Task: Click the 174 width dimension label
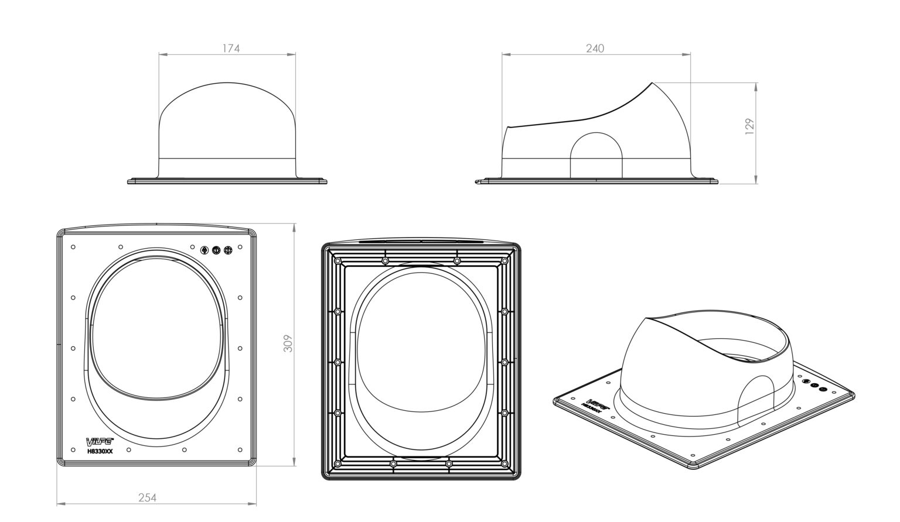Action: tap(231, 49)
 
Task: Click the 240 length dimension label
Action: tap(595, 49)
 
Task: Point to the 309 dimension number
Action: tap(288, 344)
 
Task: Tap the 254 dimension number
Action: tap(147, 498)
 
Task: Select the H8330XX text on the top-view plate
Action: tap(100, 451)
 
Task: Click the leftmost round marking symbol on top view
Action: tap(204, 250)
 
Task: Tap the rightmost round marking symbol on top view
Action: tap(229, 250)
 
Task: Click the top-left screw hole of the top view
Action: tap(73, 246)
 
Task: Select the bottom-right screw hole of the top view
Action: tap(240, 449)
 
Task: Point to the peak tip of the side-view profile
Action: tap(652, 83)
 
